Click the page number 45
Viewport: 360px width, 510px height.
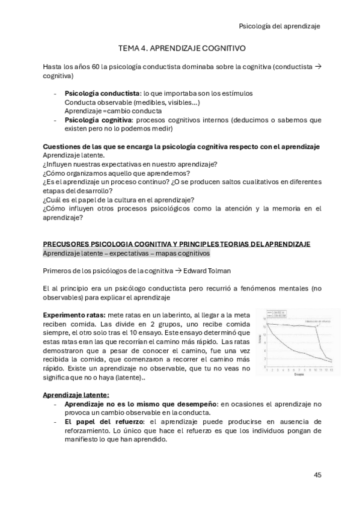pos(317,475)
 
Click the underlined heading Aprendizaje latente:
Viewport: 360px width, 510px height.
pos(76,395)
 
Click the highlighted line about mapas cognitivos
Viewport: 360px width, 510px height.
pos(126,254)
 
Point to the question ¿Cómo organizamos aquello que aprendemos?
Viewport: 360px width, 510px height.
pos(112,173)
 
